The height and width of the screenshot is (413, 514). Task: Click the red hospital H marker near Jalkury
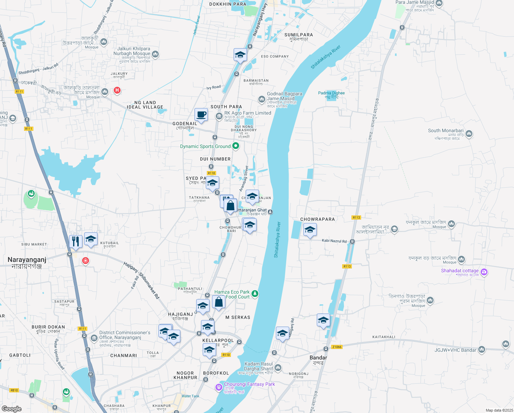click(x=117, y=90)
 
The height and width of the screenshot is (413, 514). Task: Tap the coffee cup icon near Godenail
click(x=201, y=115)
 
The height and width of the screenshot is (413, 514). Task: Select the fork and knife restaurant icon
click(x=75, y=241)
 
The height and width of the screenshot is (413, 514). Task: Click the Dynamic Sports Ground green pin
click(x=236, y=146)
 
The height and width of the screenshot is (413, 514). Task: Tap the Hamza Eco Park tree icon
click(x=255, y=294)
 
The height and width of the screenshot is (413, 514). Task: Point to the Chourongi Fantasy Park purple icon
click(x=219, y=388)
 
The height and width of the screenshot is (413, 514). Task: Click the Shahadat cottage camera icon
click(x=484, y=272)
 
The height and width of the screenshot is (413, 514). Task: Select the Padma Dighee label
click(x=331, y=93)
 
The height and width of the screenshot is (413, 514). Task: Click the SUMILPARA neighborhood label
click(x=299, y=35)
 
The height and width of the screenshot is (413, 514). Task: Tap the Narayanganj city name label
click(x=27, y=260)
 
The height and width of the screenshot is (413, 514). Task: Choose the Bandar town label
click(x=318, y=358)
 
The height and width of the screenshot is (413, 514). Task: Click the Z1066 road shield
click(x=337, y=347)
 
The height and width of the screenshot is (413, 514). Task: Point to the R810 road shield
click(x=14, y=390)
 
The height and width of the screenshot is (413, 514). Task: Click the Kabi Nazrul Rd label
click(x=334, y=241)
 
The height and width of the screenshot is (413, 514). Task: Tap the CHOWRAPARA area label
click(x=317, y=219)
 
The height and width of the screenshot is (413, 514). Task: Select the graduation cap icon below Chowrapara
click(x=310, y=230)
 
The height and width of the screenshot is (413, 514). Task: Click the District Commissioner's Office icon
click(x=94, y=338)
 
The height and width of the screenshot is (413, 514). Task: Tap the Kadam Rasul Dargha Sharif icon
click(x=278, y=368)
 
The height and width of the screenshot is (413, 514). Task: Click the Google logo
click(x=12, y=409)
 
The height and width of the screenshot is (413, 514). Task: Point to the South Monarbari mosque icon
click(x=469, y=134)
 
